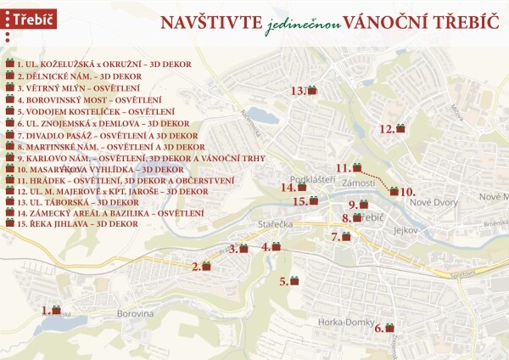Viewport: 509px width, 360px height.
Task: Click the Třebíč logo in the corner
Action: point(30,18)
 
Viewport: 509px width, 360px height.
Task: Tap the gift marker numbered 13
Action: point(311,90)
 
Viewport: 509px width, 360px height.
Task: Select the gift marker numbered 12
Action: point(400,128)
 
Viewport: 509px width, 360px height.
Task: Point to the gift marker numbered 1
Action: point(57,311)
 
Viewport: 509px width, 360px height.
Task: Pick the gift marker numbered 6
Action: point(389,327)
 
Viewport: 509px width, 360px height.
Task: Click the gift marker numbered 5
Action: point(294,280)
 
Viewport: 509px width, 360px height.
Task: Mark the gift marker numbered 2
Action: point(205,266)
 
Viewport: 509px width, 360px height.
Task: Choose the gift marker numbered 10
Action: point(394,192)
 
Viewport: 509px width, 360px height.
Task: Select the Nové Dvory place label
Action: point(433,202)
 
